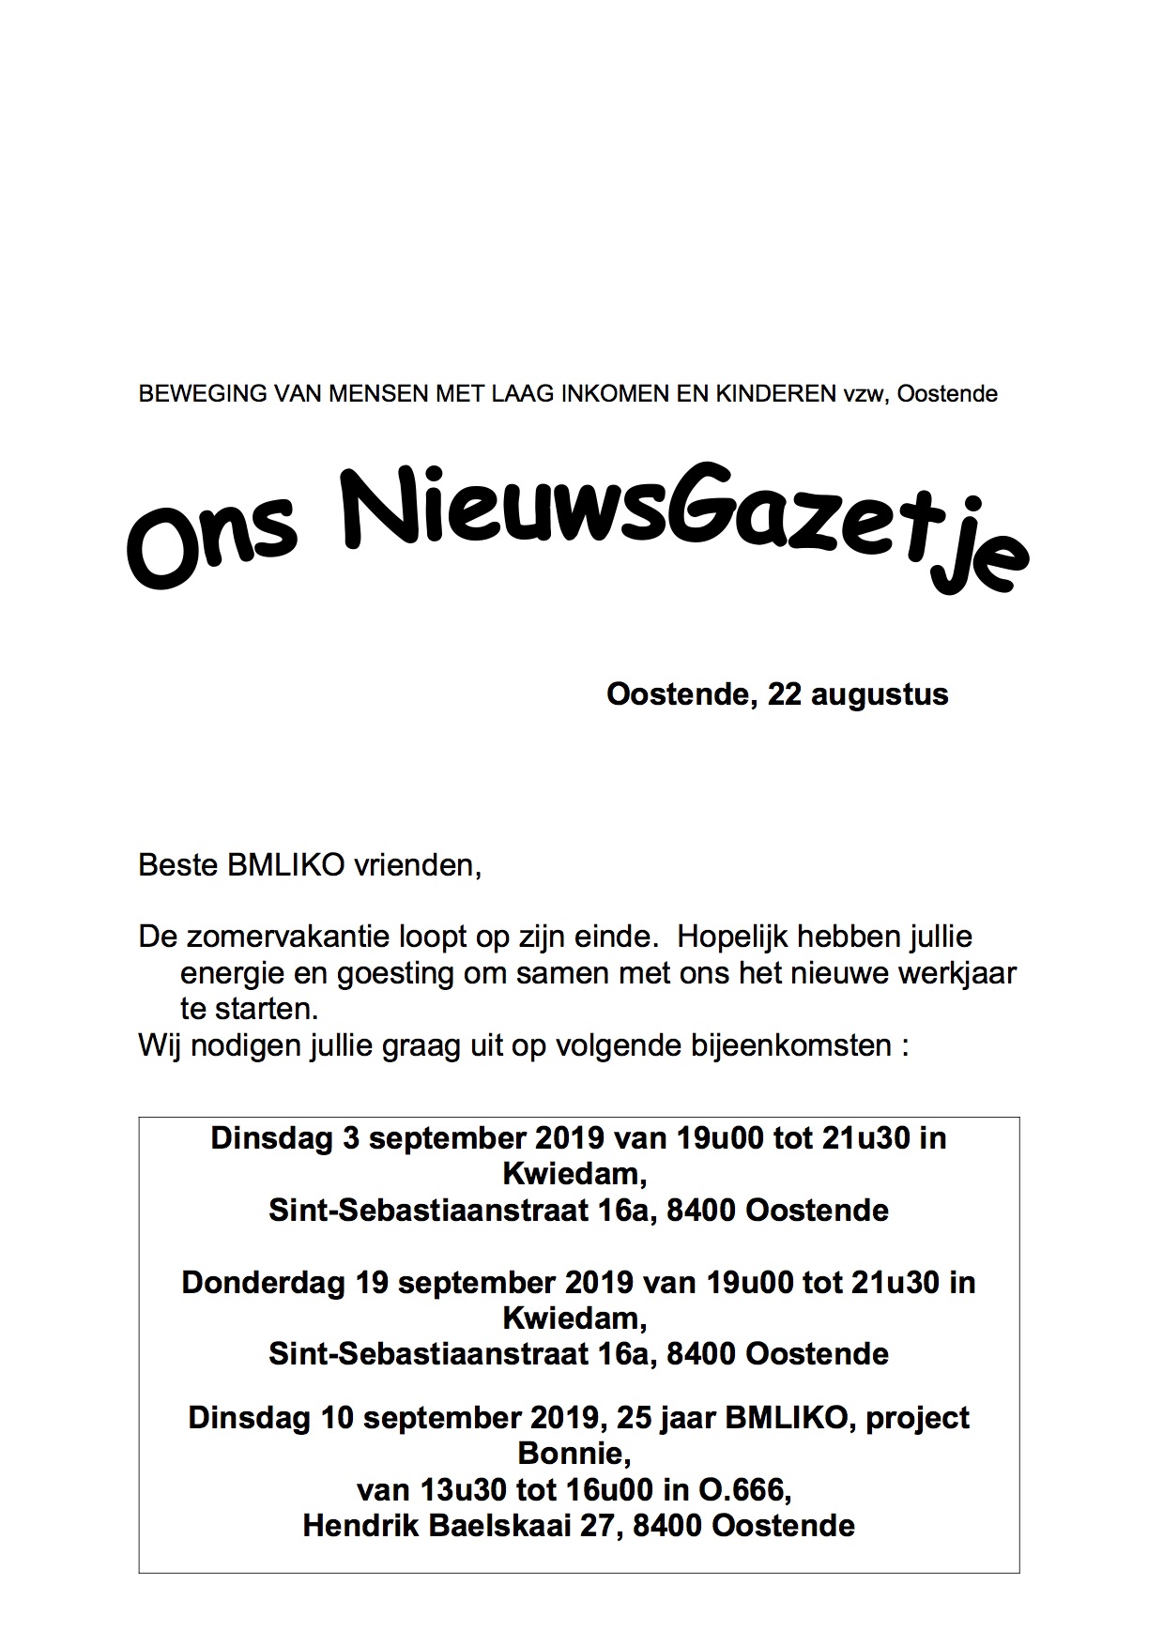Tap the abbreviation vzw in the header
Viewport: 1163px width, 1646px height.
tap(863, 394)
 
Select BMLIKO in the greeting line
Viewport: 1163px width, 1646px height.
tap(286, 865)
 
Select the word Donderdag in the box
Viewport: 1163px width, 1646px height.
tap(263, 1283)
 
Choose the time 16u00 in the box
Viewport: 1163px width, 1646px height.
tap(602, 1490)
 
